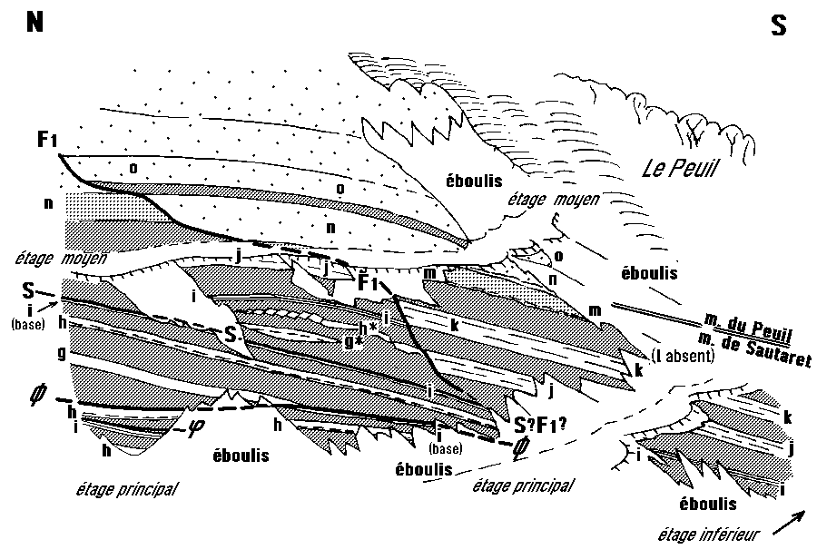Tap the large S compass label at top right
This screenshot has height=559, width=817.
coord(778,26)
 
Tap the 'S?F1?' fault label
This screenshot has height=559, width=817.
coord(540,422)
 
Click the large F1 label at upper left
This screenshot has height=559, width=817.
coord(49,140)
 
